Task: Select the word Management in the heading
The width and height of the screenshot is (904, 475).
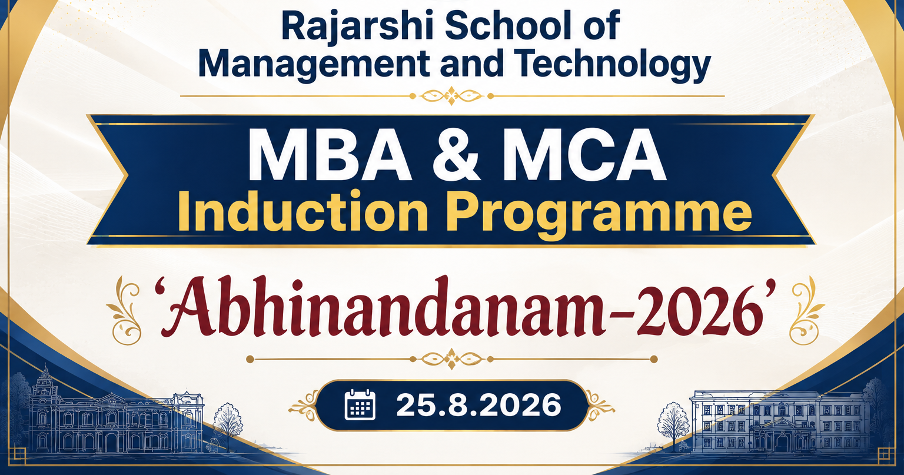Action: [x=314, y=65]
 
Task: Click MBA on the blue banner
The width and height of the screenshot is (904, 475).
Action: [x=330, y=155]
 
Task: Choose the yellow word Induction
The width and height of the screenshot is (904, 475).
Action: [x=303, y=211]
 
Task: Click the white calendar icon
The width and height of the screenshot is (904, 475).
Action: [x=360, y=405]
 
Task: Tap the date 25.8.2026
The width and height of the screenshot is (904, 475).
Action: [x=478, y=405]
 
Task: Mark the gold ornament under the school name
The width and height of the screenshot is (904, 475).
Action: [x=451, y=96]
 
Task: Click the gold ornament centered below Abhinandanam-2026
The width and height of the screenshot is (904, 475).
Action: [x=451, y=359]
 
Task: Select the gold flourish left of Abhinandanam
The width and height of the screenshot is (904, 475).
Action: [x=124, y=311]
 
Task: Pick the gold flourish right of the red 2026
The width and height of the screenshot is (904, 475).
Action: [x=806, y=311]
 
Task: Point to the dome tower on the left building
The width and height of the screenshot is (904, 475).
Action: [x=45, y=381]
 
